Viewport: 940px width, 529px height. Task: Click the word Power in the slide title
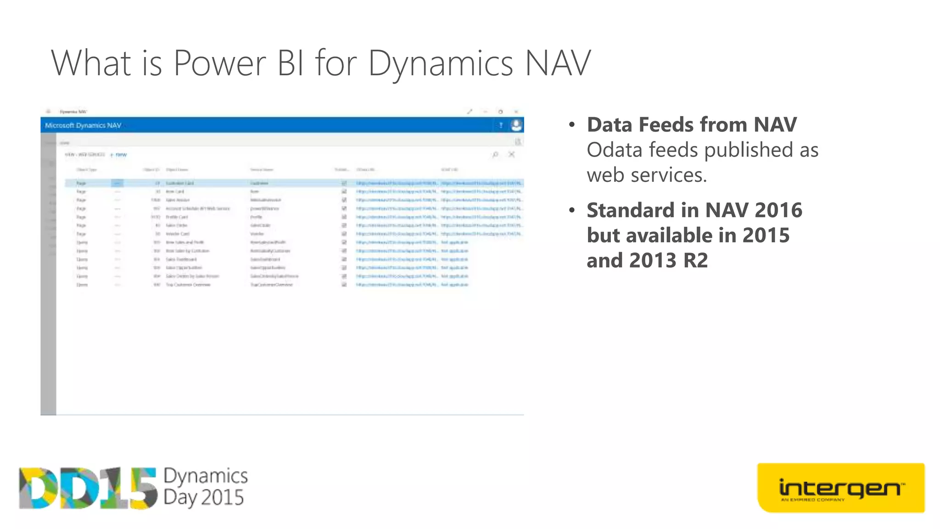pyautogui.click(x=219, y=63)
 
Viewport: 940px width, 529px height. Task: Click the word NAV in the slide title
pyautogui.click(x=557, y=63)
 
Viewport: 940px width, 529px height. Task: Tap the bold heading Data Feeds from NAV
pyautogui.click(x=692, y=125)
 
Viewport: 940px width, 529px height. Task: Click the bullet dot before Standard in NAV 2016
pyautogui.click(x=572, y=211)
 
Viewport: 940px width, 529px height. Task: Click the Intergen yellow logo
pyautogui.click(x=840, y=488)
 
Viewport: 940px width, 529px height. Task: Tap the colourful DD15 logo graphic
pyautogui.click(x=87, y=488)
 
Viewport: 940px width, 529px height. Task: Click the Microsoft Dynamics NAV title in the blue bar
pyautogui.click(x=83, y=125)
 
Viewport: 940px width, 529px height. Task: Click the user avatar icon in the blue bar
pyautogui.click(x=516, y=125)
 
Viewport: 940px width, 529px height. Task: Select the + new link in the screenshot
pyautogui.click(x=119, y=155)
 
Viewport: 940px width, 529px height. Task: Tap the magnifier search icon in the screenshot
pyautogui.click(x=495, y=155)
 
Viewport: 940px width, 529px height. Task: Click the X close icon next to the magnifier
pyautogui.click(x=511, y=154)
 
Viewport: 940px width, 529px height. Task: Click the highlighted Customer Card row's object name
pyautogui.click(x=179, y=183)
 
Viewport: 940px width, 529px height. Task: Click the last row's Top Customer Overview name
pyautogui.click(x=188, y=285)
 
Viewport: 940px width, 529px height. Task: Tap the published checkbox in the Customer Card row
pyautogui.click(x=344, y=183)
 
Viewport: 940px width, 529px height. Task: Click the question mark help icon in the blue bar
pyautogui.click(x=501, y=125)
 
